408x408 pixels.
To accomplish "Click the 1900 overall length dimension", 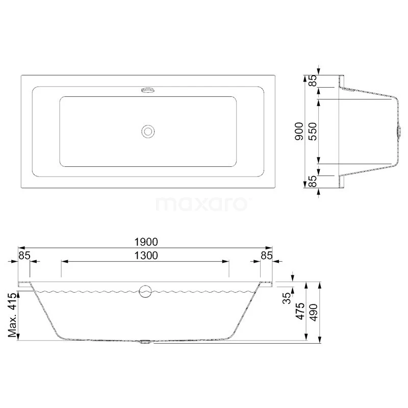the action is pos(146,242).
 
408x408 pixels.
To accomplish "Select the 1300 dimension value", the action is pos(146,256).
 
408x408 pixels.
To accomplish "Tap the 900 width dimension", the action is pos(299,132).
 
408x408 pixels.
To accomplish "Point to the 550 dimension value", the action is pos(313,132).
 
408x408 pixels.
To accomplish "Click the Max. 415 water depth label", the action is pos(12,315).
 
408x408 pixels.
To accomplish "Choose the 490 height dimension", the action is pos(313,313).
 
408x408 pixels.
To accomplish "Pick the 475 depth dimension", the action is pos(300,311).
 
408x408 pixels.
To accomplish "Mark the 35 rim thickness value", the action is pos(287,298).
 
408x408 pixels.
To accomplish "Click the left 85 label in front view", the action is pos(24,256).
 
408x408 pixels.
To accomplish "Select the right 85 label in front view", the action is pos(266,256).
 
